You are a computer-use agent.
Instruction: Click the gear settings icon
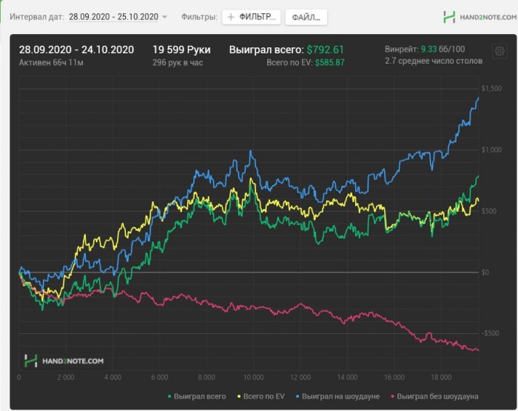499,51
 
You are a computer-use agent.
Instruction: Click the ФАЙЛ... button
306,17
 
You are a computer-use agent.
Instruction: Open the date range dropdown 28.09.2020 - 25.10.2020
118,16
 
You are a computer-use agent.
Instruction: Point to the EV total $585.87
329,63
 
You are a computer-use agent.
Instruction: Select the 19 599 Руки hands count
181,50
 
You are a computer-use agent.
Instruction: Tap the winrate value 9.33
428,50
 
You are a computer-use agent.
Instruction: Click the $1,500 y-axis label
491,88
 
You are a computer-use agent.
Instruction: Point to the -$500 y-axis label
491,333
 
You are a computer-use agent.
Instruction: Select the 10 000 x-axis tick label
253,378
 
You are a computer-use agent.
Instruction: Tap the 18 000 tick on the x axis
441,378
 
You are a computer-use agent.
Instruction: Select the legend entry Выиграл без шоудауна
437,396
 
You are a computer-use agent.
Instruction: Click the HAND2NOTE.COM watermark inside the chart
64,361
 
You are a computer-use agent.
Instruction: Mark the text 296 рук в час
178,63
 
